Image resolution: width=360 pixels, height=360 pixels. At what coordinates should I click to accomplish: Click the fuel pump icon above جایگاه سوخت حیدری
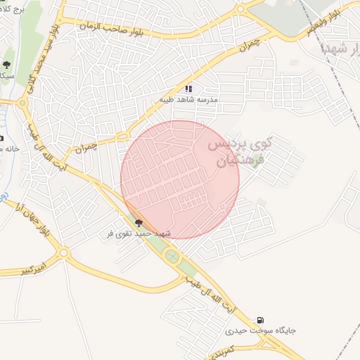[x=262, y=320]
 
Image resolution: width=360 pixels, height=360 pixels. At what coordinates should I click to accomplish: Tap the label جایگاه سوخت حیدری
[x=261, y=330]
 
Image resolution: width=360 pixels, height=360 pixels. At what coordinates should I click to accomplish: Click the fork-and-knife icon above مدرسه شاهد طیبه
[x=188, y=89]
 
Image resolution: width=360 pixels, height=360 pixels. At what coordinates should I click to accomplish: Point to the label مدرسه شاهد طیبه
[x=188, y=100]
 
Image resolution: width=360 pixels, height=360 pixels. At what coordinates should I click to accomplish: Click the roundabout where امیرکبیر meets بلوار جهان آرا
[x=65, y=252]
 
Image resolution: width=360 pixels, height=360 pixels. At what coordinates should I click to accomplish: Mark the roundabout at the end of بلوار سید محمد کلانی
[x=22, y=103]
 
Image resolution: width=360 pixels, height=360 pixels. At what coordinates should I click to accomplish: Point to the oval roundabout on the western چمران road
[x=122, y=135]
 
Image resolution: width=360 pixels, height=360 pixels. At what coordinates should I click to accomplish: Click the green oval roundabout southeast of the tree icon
[x=172, y=257]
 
